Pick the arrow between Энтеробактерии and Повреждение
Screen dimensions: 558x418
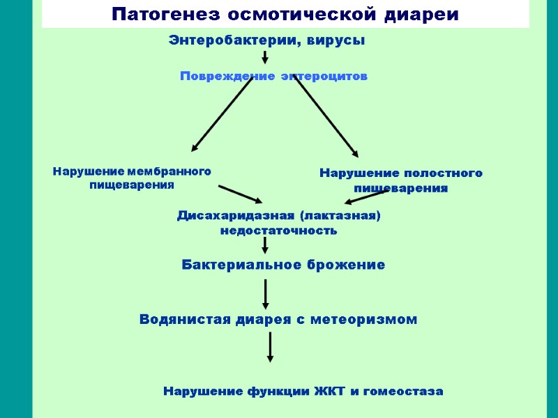pyautogui.click(x=265, y=57)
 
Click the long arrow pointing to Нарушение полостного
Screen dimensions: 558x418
pyautogui.click(x=325, y=116)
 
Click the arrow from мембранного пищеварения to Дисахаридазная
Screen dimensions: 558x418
pyautogui.click(x=240, y=194)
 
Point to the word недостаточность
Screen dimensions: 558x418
pyautogui.click(x=278, y=230)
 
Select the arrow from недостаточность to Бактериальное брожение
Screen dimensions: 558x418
pyautogui.click(x=265, y=245)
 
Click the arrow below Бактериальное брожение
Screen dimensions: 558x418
pyautogui.click(x=265, y=293)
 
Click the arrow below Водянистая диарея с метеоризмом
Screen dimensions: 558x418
pyautogui.click(x=270, y=346)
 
